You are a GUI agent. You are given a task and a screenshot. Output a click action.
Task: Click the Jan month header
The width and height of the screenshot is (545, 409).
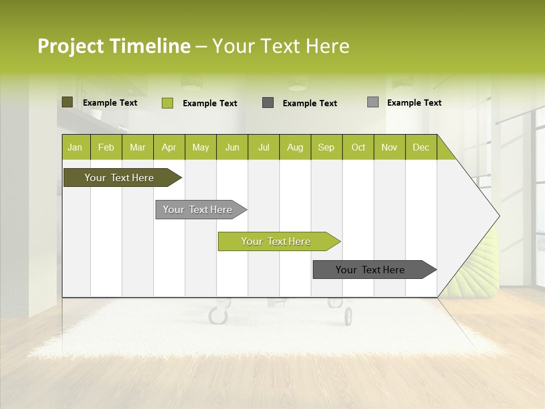point(76,147)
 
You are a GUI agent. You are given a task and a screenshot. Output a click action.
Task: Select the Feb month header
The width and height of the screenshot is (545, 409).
point(106,147)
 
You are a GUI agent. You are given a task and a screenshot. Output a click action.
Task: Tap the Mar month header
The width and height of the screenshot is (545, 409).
point(137,147)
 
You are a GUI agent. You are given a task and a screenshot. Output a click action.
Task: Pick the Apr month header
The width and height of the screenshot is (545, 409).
point(169,147)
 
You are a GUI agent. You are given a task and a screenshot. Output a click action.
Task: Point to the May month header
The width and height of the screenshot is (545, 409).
point(200,147)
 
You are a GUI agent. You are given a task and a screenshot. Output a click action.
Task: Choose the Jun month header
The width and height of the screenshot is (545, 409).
point(232,147)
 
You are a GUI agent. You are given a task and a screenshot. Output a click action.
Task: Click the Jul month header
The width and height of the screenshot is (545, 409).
point(263,147)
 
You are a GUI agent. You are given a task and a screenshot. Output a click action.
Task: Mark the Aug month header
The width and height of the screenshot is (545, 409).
point(295,147)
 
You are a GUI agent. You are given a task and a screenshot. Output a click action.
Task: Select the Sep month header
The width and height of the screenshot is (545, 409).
point(326,147)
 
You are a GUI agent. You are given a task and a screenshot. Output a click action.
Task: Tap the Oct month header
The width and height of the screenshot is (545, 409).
point(358,147)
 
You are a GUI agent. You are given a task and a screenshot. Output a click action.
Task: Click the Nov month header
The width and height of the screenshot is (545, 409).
point(389,147)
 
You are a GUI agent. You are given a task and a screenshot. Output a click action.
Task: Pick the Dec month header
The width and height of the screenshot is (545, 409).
point(421,147)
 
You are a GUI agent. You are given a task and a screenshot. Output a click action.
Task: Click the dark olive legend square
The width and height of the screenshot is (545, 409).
point(68,102)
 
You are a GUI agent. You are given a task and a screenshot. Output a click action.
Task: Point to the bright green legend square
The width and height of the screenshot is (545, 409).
point(167,103)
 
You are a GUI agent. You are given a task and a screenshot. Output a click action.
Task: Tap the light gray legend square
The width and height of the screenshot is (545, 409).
point(373,102)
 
